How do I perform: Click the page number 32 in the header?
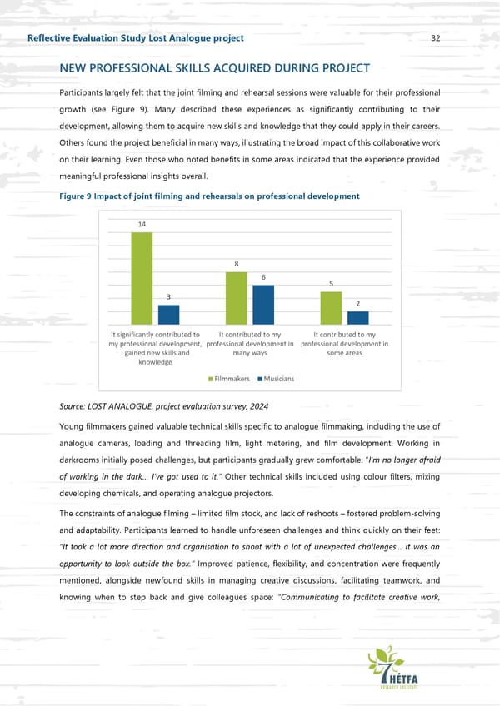pos(436,38)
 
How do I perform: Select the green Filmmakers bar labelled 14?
pos(142,278)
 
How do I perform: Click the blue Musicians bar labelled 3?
pos(168,315)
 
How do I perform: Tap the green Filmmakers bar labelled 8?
pos(237,298)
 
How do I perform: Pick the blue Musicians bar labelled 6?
pos(263,305)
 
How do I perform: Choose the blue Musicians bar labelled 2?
pos(357,318)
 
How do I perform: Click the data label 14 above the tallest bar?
pos(142,225)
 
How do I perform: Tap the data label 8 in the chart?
pos(237,265)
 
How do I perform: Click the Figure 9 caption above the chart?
pos(209,196)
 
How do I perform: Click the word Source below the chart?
pos(74,406)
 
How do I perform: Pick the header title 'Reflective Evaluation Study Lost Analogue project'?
pos(136,38)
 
